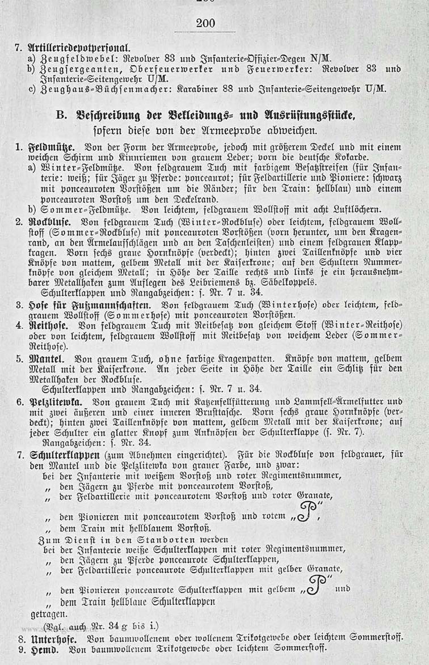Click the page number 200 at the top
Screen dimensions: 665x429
click(205, 23)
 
